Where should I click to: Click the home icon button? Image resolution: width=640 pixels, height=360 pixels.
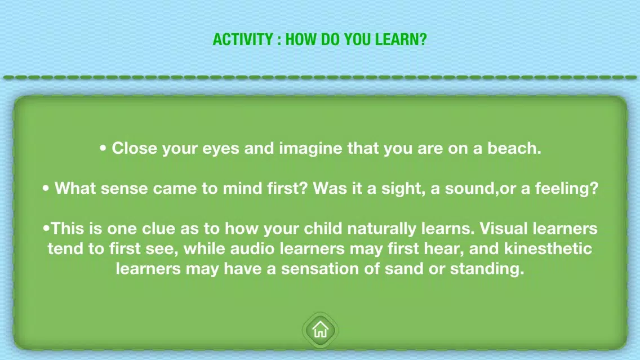pyautogui.click(x=321, y=330)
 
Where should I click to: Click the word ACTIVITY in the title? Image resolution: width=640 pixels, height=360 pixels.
pyautogui.click(x=243, y=39)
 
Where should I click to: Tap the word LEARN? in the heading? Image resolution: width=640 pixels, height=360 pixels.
pyautogui.click(x=401, y=39)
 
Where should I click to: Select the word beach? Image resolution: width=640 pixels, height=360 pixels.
pyautogui.click(x=514, y=148)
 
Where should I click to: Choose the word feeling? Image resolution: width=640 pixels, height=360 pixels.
pyautogui.click(x=567, y=188)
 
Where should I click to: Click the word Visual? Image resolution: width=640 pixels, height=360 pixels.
pyautogui.click(x=504, y=229)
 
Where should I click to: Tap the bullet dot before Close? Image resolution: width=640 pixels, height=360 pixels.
pyautogui.click(x=103, y=148)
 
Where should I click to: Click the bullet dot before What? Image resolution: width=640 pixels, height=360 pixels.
pyautogui.click(x=46, y=188)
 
